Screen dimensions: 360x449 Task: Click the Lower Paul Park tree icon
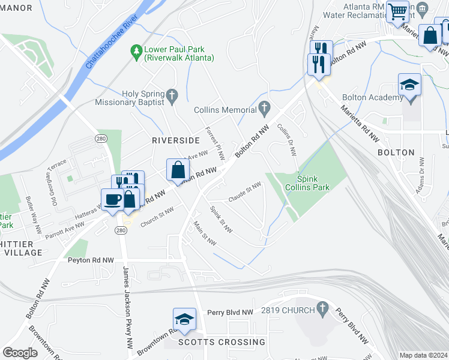point(137,53)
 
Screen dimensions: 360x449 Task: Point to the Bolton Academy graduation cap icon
point(409,85)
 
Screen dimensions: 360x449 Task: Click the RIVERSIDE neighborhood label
point(175,140)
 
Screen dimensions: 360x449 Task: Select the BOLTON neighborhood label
point(396,153)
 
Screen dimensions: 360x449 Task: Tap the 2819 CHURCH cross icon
point(323,309)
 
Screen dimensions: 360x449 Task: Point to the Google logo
point(20,353)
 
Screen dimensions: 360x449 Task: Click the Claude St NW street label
point(245,192)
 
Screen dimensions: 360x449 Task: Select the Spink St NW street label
point(221,220)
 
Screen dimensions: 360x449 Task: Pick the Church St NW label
point(157,218)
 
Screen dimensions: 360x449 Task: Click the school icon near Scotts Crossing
point(184,319)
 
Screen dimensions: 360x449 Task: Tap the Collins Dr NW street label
point(286,140)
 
